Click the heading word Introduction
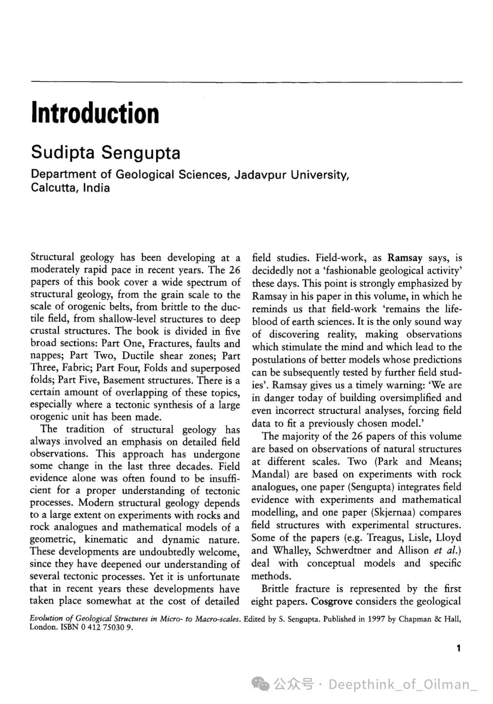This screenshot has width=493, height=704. click(x=95, y=113)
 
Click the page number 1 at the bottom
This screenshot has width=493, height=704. click(x=458, y=648)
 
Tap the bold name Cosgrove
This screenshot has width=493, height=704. click(x=331, y=601)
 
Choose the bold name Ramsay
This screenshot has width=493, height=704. click(x=405, y=258)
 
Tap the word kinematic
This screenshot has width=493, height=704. click(x=106, y=540)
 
